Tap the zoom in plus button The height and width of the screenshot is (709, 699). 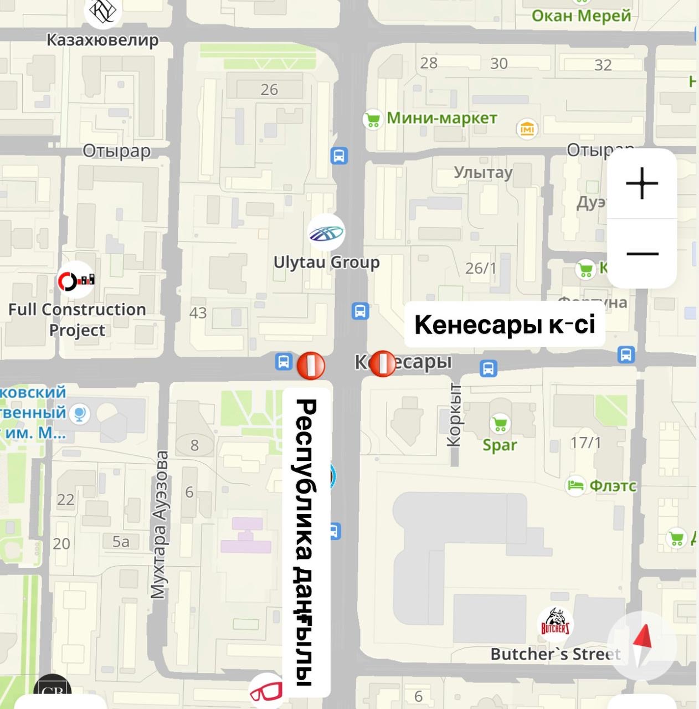(x=641, y=183)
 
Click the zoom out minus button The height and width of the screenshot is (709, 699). (x=642, y=254)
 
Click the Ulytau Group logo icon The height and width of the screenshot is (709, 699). (x=327, y=233)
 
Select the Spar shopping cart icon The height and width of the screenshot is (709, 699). (x=500, y=424)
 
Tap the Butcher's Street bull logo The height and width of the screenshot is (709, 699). (x=555, y=623)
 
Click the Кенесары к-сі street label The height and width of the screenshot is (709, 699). (x=505, y=325)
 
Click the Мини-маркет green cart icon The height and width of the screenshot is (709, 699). (x=373, y=119)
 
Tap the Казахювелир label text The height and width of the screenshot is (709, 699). (x=102, y=40)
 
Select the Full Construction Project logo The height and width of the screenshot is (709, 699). (x=76, y=280)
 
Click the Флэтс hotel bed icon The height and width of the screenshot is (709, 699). (x=575, y=486)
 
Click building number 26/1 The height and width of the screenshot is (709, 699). (x=480, y=269)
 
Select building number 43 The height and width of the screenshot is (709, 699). (x=198, y=313)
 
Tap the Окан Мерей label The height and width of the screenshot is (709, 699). (x=581, y=16)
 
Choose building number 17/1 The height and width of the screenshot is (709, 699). (x=585, y=443)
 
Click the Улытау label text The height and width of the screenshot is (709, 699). (x=483, y=172)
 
